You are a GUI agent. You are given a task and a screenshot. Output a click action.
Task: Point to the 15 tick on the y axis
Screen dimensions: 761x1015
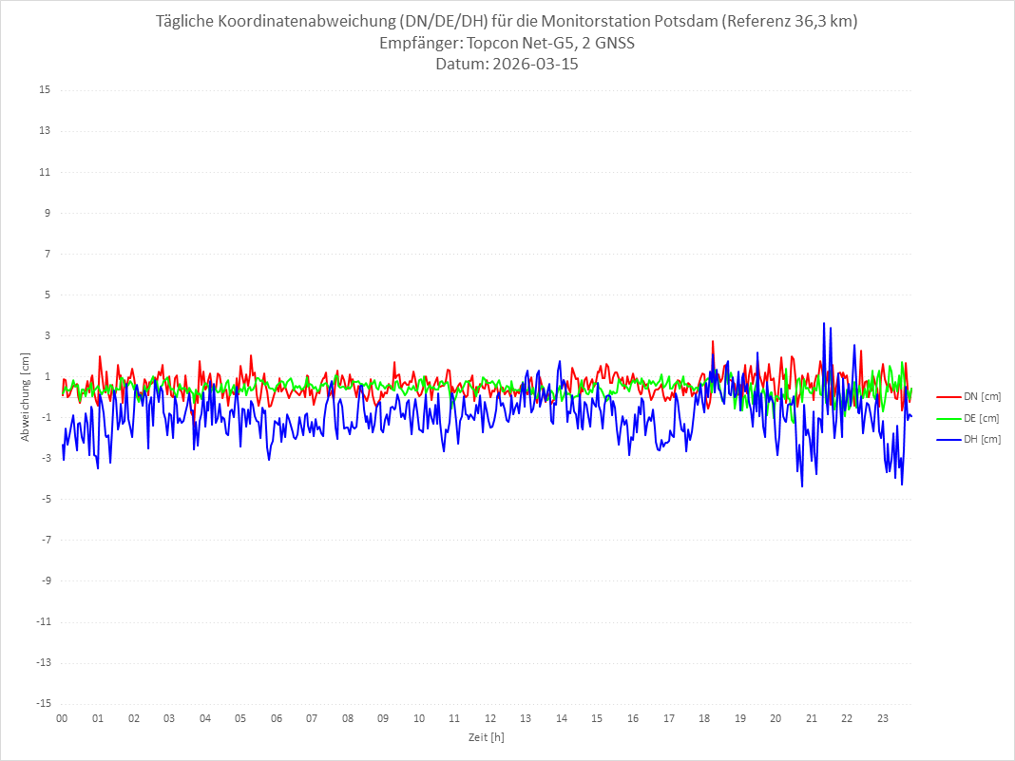point(45,90)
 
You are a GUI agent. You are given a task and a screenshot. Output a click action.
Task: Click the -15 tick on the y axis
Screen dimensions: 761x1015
point(43,703)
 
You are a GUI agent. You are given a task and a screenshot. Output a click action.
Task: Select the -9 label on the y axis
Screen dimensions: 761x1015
point(45,580)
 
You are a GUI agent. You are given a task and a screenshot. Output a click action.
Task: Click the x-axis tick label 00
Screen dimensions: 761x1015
point(62,718)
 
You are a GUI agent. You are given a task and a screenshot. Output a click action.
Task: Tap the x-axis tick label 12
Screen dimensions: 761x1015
point(490,718)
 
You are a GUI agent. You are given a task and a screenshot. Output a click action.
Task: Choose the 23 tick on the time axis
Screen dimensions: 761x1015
point(883,718)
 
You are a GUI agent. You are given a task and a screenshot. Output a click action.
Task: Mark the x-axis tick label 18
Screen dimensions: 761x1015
point(704,718)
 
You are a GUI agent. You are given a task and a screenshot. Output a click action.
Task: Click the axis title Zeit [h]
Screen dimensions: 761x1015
point(486,736)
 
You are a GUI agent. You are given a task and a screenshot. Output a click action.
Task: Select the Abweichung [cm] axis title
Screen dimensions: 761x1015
point(26,396)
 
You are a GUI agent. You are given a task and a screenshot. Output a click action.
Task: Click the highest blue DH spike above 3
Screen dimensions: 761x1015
point(824,323)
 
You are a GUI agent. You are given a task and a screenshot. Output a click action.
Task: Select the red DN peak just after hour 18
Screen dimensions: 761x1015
point(712,341)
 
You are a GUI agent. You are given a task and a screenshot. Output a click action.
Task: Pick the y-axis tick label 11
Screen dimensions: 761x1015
point(45,172)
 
